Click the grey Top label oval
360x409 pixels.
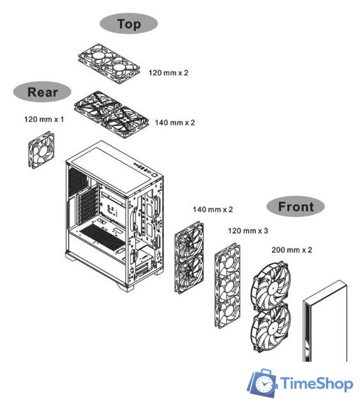(129, 24)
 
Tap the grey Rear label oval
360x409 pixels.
(42, 92)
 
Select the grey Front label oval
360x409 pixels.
(296, 206)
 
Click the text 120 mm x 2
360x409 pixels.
(169, 72)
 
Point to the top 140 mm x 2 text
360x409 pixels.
(175, 122)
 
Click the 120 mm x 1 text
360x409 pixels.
(44, 120)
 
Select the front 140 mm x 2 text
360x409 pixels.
(213, 209)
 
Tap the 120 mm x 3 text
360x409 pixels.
(248, 231)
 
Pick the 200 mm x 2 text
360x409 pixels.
(292, 250)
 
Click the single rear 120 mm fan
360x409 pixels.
(41, 150)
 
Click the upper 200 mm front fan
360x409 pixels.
(271, 286)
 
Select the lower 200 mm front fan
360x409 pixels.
(271, 328)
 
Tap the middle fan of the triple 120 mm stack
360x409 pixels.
(228, 286)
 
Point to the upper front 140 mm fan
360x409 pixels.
(190, 242)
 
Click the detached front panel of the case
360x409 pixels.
(325, 321)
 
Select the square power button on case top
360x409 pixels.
(154, 175)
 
